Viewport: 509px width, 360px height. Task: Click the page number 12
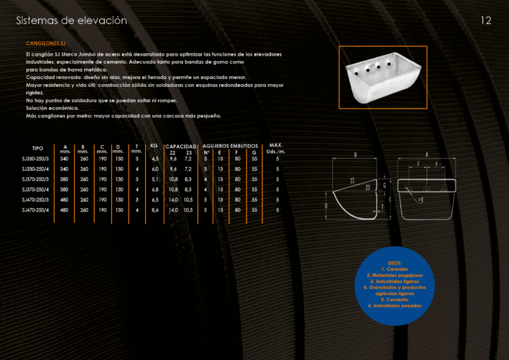486,21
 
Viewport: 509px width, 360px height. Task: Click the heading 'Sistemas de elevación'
72,21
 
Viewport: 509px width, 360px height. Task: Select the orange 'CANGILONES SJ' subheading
46,43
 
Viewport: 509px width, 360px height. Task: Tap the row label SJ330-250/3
35,158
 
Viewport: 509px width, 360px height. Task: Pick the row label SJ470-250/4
35,210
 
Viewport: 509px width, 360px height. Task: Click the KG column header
154,146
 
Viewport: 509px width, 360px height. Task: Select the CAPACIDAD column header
181,147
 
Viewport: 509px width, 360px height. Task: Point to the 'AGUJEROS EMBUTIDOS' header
230,146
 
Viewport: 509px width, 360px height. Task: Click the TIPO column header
38,149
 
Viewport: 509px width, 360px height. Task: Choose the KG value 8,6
155,210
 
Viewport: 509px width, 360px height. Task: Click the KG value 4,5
155,158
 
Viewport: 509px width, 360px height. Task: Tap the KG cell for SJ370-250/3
155,179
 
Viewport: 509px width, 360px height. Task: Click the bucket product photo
383,78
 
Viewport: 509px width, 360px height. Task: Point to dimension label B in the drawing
355,155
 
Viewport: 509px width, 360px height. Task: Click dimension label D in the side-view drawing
326,206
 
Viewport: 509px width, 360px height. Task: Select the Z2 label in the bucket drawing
352,181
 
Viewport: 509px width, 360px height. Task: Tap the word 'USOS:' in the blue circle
394,263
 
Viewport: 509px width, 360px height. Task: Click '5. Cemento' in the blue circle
395,300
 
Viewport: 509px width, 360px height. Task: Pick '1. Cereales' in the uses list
395,269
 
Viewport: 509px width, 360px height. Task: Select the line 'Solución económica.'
52,108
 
